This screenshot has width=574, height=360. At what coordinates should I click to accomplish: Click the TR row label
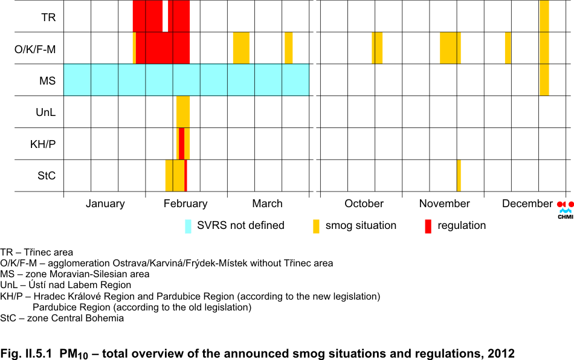[48, 17]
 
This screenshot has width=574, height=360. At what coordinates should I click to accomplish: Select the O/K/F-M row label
[35, 49]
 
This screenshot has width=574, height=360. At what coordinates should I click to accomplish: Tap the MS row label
[48, 80]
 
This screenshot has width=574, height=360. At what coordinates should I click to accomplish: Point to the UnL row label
[46, 112]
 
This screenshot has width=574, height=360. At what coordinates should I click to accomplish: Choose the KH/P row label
[43, 144]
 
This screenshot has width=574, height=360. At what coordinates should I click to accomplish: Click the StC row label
[47, 176]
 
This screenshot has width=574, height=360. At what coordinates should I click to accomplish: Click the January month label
[105, 204]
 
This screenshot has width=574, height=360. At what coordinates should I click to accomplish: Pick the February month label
[185, 204]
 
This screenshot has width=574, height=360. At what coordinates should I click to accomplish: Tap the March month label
[267, 204]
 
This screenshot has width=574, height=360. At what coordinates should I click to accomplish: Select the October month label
[364, 204]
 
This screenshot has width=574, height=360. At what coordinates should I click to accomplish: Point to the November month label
[445, 204]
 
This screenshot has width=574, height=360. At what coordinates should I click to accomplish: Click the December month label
[527, 204]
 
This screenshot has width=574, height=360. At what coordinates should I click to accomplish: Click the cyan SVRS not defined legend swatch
[188, 227]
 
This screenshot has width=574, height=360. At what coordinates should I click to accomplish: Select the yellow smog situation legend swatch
[316, 227]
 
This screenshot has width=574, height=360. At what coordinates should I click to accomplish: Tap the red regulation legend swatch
[428, 227]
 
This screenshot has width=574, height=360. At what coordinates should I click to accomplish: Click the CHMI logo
[566, 210]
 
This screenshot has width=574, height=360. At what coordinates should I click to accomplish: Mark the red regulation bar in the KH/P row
[182, 144]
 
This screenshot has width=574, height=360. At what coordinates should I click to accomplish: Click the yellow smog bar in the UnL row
[183, 112]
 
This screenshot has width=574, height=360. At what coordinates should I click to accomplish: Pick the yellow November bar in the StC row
[459, 176]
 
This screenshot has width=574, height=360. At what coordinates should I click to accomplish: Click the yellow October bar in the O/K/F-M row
[378, 48]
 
